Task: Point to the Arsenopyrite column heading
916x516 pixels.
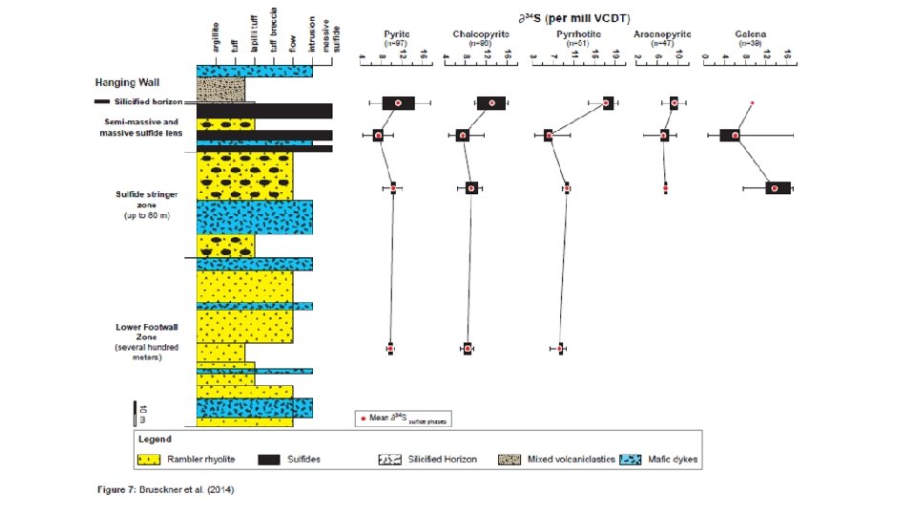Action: [x=663, y=34]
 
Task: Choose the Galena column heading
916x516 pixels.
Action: [x=750, y=34]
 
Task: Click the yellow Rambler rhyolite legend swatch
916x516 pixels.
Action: [x=149, y=460]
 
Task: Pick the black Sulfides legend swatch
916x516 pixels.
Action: [x=275, y=460]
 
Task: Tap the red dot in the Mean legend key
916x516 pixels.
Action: [x=363, y=419]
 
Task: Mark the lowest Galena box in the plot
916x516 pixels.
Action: [x=778, y=188]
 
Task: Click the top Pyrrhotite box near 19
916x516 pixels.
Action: [x=608, y=103]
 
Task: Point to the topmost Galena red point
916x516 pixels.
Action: [x=753, y=102]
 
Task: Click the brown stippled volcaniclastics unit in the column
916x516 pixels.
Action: [x=220, y=90]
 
